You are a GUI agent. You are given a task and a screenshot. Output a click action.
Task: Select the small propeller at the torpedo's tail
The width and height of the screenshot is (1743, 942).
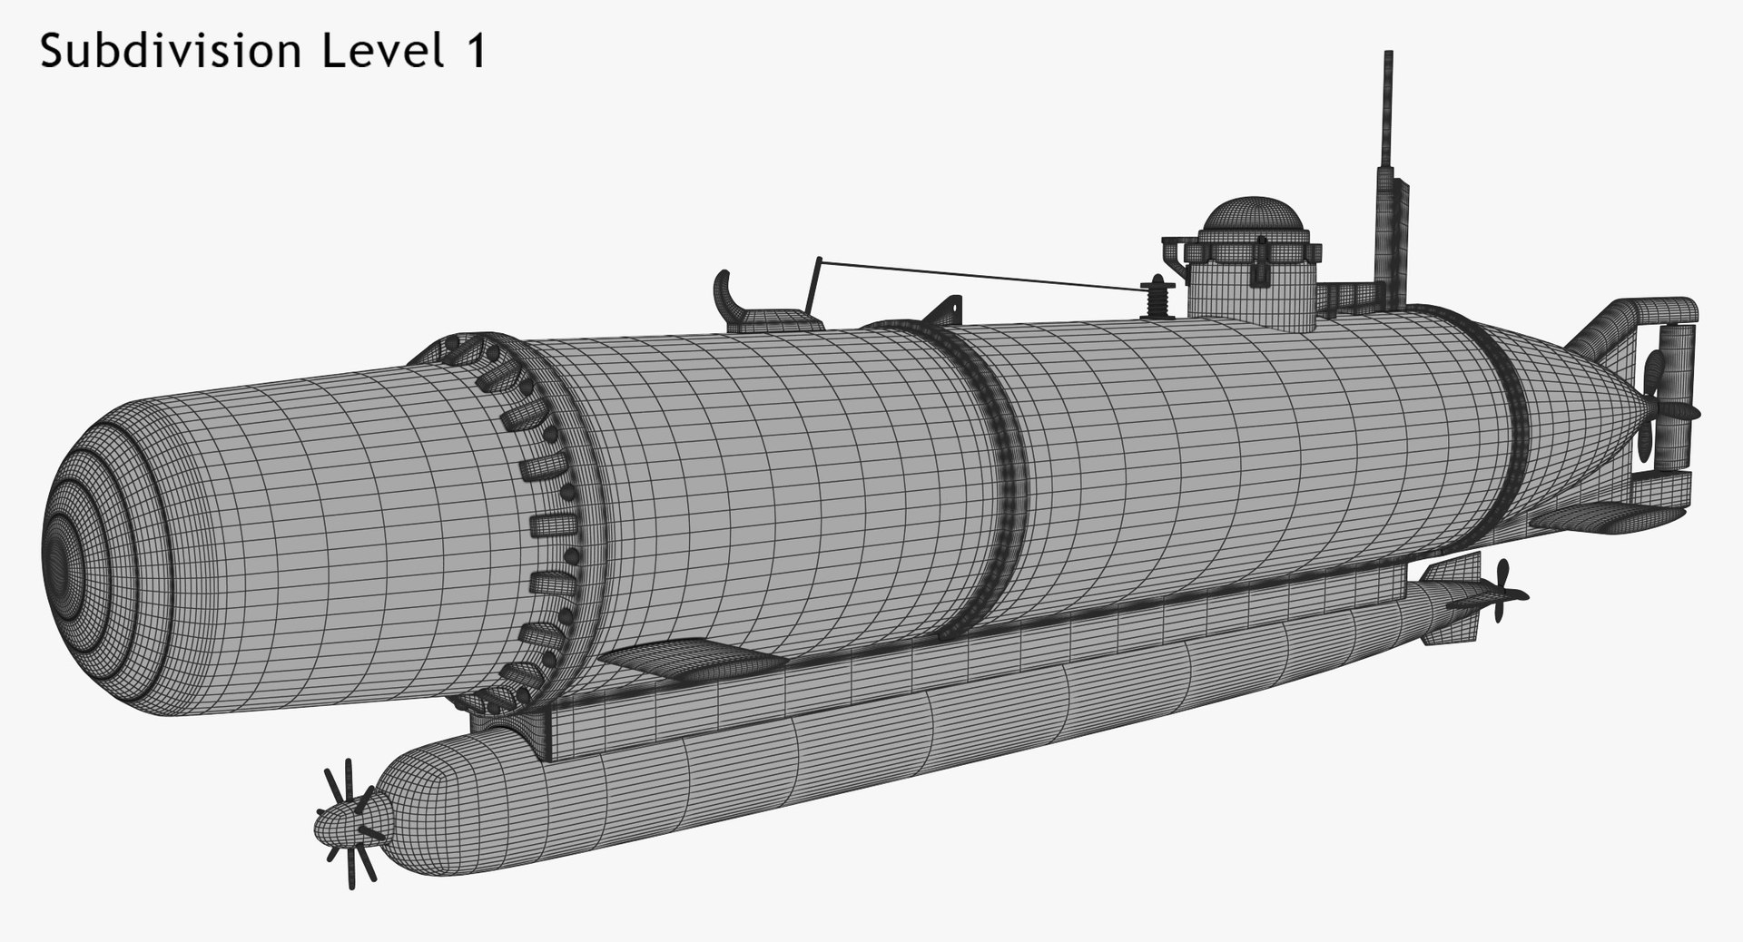1498,594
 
